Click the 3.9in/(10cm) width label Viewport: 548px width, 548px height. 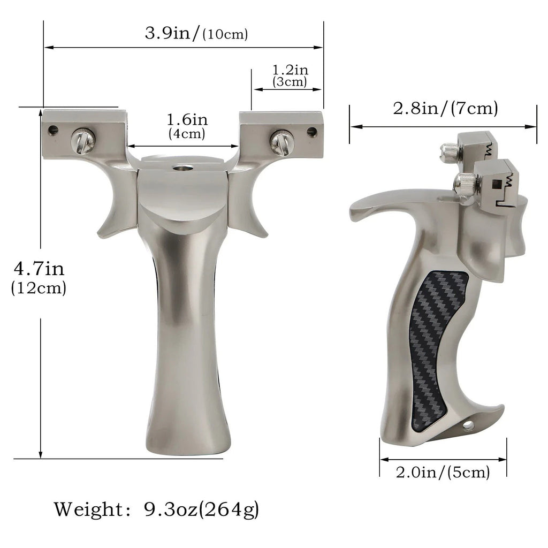coord(196,34)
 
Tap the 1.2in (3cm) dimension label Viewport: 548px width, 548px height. coord(290,75)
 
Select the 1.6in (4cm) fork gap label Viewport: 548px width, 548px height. coord(187,126)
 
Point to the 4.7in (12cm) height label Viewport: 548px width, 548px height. coord(39,278)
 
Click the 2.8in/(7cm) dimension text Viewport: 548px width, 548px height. coord(445,108)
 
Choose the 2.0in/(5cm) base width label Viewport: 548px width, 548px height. coord(443,472)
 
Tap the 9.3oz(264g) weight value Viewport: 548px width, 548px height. coord(201,509)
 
